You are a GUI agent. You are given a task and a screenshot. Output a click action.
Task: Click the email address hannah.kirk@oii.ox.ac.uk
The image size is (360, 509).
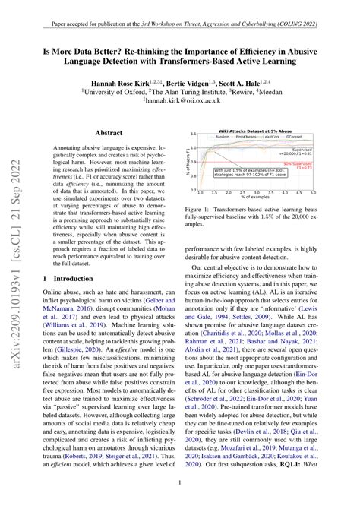point(181,99)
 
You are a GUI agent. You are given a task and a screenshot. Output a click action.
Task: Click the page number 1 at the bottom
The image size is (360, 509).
point(180,482)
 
